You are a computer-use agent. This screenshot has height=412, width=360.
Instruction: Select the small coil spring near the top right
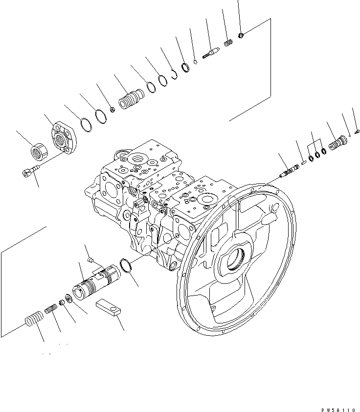coord(227,43)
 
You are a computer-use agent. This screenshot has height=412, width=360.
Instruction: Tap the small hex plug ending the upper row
coord(242,34)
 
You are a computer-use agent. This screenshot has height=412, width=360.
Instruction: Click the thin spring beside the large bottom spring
coord(51,309)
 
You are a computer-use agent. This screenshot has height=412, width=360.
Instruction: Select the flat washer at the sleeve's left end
coord(68,298)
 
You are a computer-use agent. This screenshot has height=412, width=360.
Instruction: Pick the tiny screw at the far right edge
coord(358,131)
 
